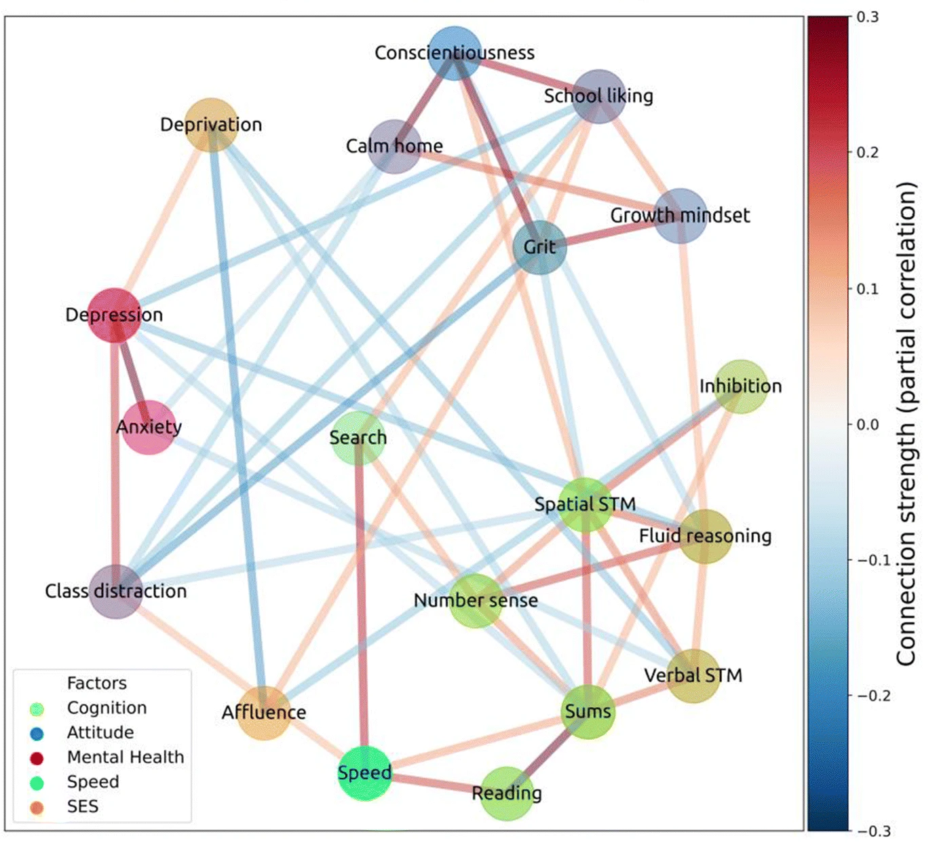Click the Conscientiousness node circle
click(455, 53)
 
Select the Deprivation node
click(212, 124)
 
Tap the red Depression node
click(115, 315)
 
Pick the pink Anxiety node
click(149, 427)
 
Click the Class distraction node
click(116, 590)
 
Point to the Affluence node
click(264, 713)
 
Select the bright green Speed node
click(365, 773)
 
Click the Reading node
click(507, 793)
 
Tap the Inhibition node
click(741, 386)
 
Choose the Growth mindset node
click(681, 216)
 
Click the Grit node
click(540, 247)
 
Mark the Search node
click(358, 438)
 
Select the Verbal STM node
click(693, 675)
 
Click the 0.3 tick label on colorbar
click(867, 18)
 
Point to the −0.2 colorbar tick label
click(871, 696)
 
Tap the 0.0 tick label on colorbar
click(867, 424)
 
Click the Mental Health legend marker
click(37, 758)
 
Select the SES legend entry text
click(83, 806)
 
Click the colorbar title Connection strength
click(906, 424)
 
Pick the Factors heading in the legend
click(97, 683)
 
